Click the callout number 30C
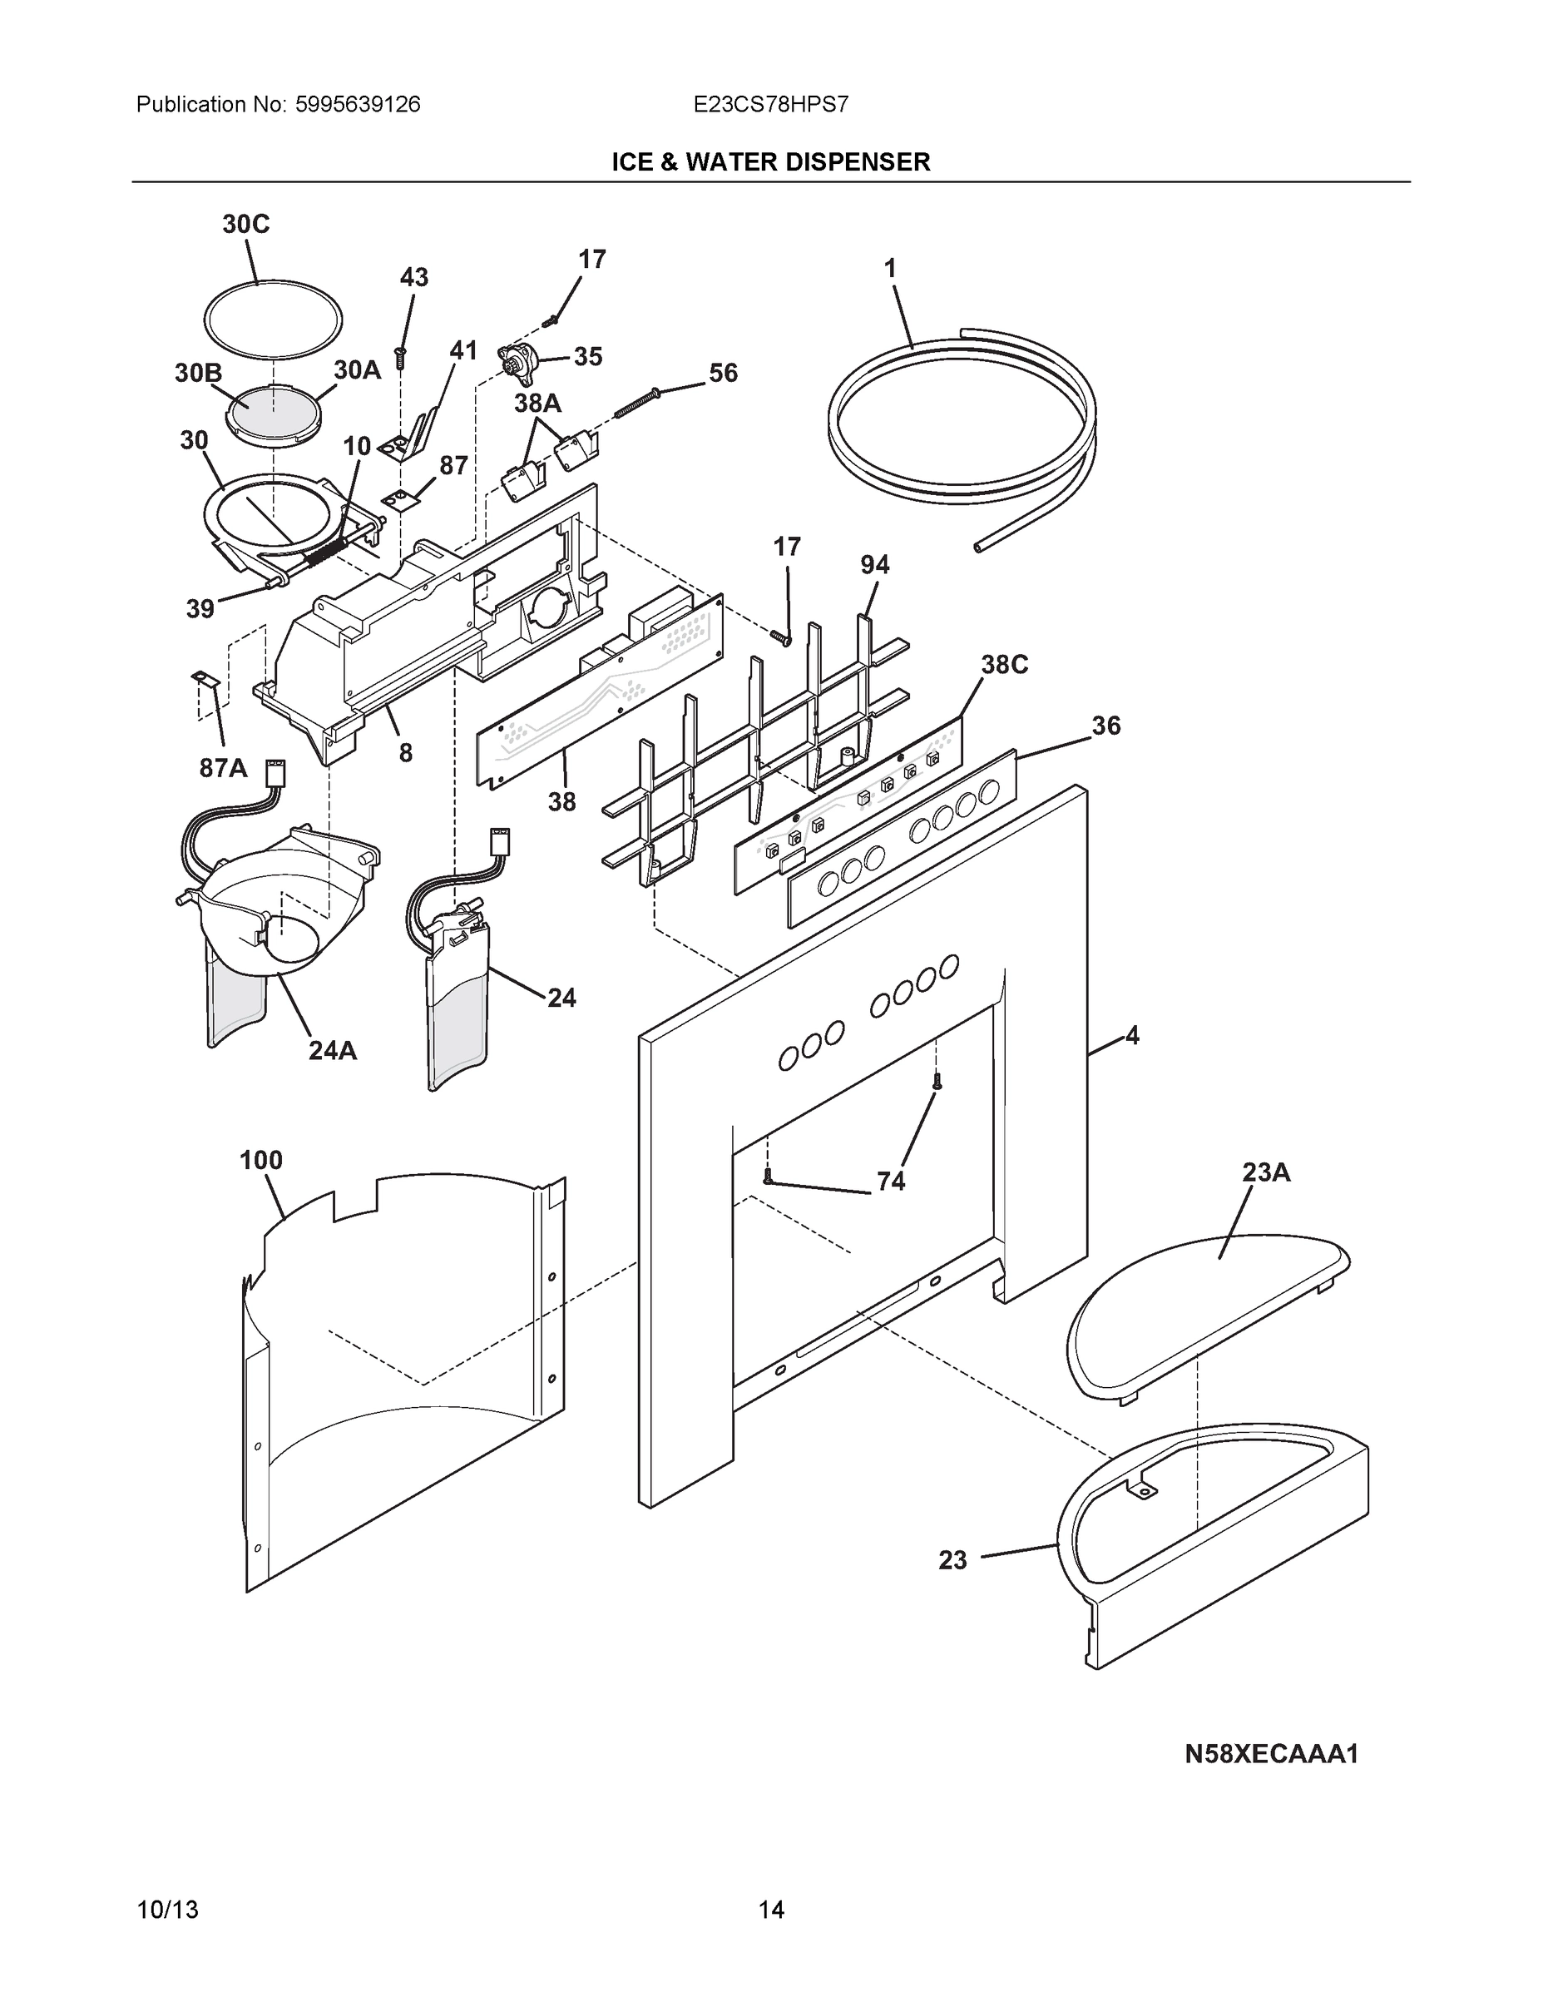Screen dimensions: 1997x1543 246,224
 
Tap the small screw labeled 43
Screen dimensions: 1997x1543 399,359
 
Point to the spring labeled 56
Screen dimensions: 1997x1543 636,403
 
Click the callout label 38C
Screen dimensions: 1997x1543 1005,665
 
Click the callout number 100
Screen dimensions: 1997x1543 260,1161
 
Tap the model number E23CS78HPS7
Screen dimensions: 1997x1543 770,104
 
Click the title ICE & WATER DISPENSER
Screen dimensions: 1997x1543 770,162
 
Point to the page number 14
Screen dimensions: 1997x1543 770,1910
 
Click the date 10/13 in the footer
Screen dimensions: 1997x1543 167,1910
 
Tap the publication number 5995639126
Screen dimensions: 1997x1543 358,104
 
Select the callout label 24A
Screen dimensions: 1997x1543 333,1051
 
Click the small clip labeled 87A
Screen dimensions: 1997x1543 202,679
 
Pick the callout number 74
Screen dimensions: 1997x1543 890,1182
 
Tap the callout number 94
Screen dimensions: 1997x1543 874,565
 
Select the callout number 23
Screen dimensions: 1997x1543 952,1560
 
